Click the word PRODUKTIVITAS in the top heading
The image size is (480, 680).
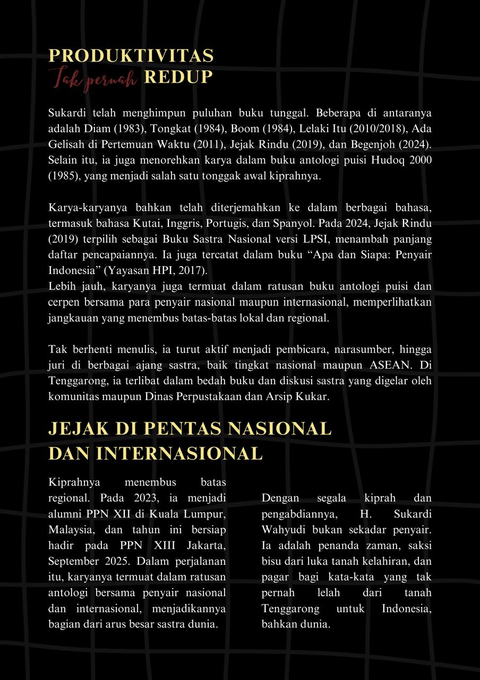pyautogui.click(x=131, y=56)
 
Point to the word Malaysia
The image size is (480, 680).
pyautogui.click(x=70, y=530)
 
